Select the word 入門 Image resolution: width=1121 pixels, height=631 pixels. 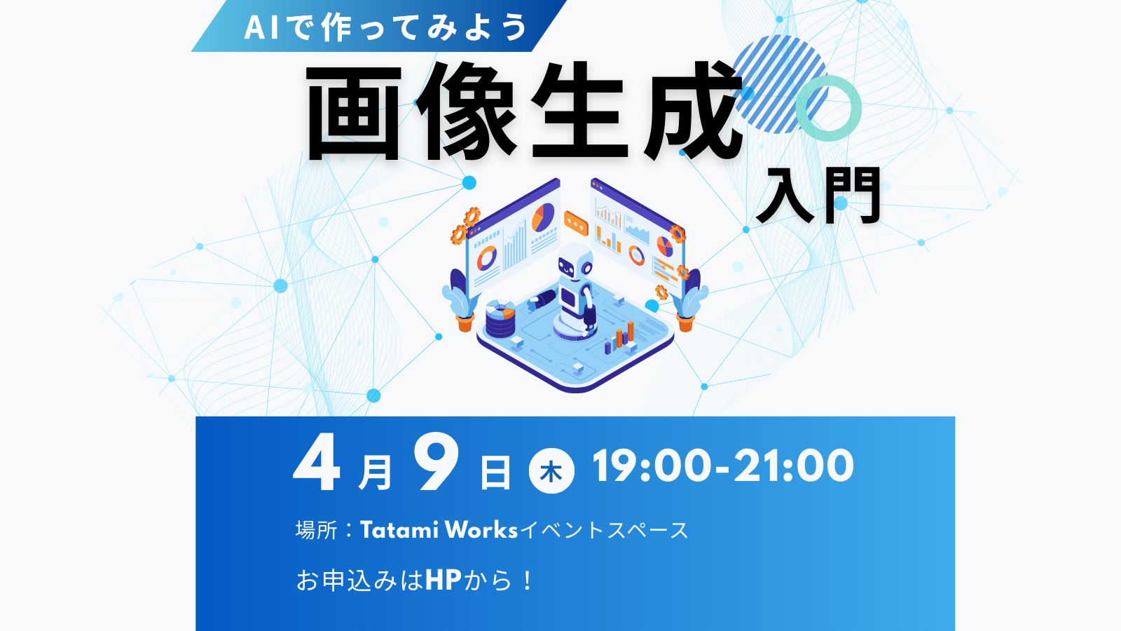point(818,196)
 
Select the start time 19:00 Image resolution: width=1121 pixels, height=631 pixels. point(651,466)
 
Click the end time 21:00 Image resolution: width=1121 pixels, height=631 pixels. point(793,466)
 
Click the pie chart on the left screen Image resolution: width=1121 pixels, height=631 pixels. point(543,217)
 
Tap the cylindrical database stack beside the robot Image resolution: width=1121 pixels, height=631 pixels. point(500,318)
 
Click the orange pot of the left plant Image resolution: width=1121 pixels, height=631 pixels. point(465,323)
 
